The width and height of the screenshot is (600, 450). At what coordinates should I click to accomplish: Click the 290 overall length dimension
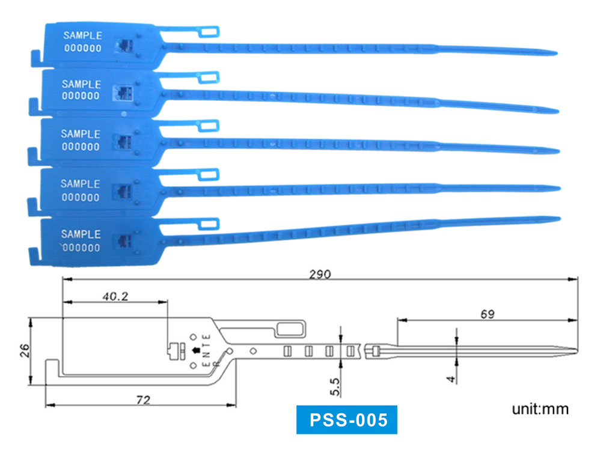[x=320, y=274]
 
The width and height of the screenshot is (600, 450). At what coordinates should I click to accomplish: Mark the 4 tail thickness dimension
[x=450, y=380]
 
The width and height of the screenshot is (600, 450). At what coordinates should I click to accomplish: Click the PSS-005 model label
[x=347, y=419]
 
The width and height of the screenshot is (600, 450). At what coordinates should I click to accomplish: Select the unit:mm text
[x=540, y=410]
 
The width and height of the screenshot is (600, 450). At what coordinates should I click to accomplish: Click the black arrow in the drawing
[x=195, y=350]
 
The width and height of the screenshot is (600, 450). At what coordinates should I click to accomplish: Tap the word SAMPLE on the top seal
[x=82, y=35]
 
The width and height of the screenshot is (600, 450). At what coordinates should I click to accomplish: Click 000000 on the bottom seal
[x=81, y=247]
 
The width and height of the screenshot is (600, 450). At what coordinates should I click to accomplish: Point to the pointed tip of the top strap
[x=556, y=53]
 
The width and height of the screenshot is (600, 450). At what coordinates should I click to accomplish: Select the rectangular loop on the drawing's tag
[x=291, y=329]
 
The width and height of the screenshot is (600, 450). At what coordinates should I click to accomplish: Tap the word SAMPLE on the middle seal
[x=81, y=134]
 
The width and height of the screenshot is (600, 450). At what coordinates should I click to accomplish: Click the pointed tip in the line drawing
[x=575, y=350]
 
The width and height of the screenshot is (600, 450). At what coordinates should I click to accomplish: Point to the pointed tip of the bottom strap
[x=559, y=218]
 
